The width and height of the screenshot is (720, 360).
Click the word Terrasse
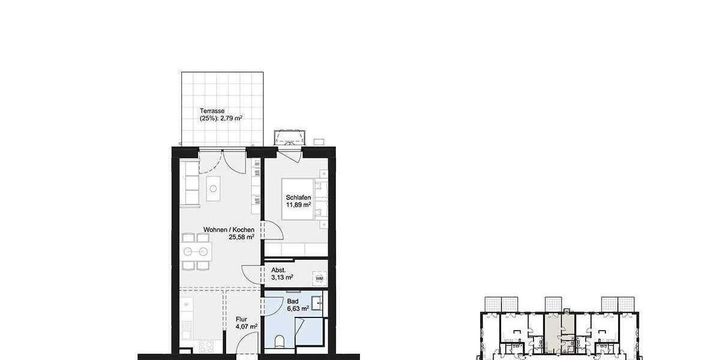point(212,111)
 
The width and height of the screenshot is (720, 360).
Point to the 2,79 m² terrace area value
point(231,119)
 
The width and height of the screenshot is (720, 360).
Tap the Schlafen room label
point(298,197)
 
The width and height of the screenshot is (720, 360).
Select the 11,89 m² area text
point(298,205)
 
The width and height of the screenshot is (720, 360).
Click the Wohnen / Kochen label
point(229,230)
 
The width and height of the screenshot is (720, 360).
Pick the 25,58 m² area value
point(241,237)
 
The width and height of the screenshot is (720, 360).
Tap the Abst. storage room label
point(278,269)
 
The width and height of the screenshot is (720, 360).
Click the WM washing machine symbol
point(319,278)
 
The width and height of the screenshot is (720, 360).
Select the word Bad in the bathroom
point(292,301)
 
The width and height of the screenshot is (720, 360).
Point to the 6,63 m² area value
point(298,308)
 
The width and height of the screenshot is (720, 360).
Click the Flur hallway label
point(241,319)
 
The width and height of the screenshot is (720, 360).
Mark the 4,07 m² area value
point(247,327)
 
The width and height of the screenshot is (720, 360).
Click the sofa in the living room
point(190,183)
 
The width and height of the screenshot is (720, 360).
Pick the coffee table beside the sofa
point(214,188)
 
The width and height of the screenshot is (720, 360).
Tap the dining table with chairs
point(196,251)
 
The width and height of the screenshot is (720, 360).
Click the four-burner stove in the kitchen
point(205,347)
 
